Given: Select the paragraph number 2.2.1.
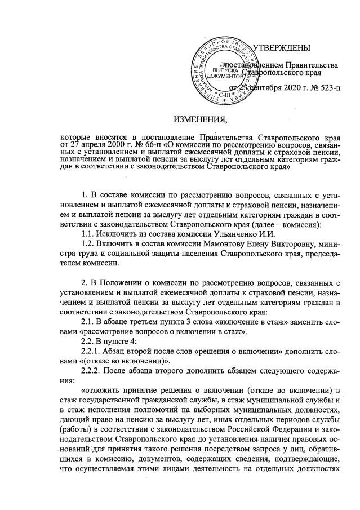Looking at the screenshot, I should coord(92,353).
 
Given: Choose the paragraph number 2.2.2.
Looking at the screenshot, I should coord(92,375).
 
